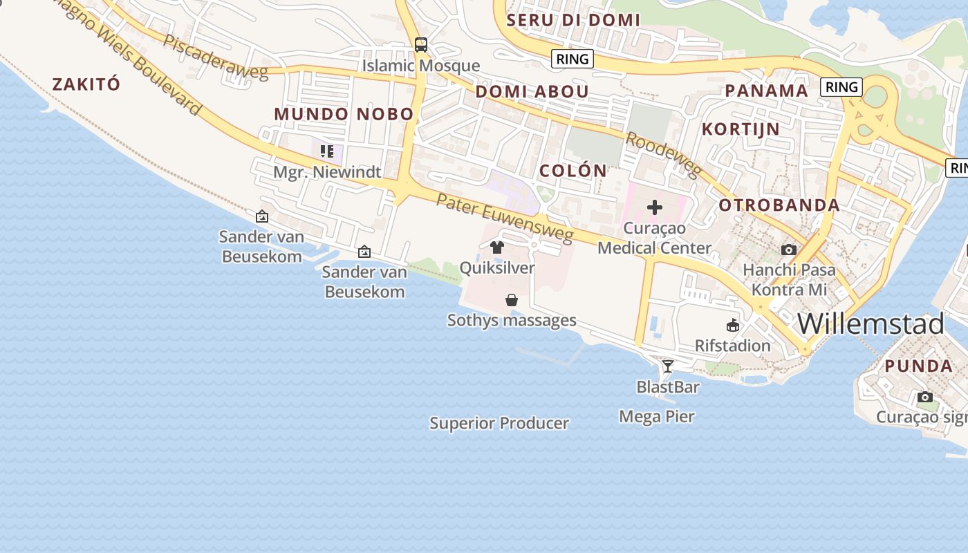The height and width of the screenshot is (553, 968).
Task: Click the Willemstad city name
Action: click(x=871, y=324)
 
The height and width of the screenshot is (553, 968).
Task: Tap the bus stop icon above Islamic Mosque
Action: click(x=421, y=45)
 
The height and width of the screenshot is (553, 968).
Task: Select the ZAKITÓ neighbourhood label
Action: click(x=86, y=84)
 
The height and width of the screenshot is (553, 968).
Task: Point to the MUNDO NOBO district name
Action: click(x=344, y=114)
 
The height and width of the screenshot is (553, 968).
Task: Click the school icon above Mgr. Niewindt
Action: click(x=327, y=151)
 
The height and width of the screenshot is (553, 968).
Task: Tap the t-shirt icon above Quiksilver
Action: click(x=496, y=247)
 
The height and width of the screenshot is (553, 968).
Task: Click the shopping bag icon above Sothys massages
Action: click(x=512, y=300)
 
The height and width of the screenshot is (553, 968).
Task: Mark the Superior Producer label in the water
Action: click(x=499, y=423)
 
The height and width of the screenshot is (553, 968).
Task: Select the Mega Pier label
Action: click(x=657, y=416)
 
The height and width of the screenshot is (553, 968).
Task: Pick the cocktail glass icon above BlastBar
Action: click(x=667, y=366)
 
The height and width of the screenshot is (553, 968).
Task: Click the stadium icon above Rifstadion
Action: click(x=733, y=325)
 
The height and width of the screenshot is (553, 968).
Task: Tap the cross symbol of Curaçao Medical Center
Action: click(x=654, y=207)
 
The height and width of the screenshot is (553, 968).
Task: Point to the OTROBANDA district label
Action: click(x=779, y=205)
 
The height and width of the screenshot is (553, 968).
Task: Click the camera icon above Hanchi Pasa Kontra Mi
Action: click(x=789, y=250)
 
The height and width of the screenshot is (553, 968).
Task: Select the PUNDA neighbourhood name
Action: click(x=919, y=366)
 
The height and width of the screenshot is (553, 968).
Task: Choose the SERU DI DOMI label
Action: click(x=573, y=20)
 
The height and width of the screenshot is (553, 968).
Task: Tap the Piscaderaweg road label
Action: click(x=215, y=56)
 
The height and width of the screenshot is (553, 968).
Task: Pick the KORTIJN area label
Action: click(x=741, y=129)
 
